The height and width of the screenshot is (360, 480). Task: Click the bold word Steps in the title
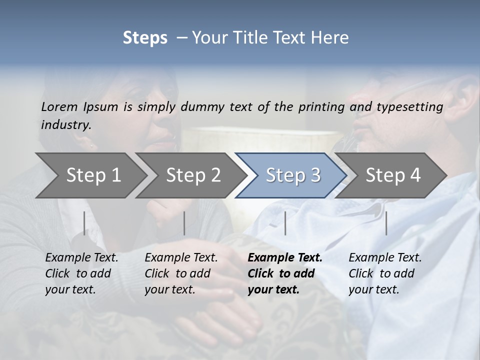(145, 38)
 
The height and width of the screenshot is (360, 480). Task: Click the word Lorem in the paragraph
(59, 106)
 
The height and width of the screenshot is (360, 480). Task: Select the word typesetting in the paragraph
(410, 106)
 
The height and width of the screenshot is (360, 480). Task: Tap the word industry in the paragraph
(65, 124)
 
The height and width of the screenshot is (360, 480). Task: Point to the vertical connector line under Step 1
(84, 223)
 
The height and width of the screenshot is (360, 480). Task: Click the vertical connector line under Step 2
(184, 223)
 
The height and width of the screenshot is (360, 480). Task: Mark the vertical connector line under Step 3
(285, 223)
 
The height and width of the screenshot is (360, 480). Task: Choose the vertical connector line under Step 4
(386, 223)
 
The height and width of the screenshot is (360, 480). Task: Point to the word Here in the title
(330, 38)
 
